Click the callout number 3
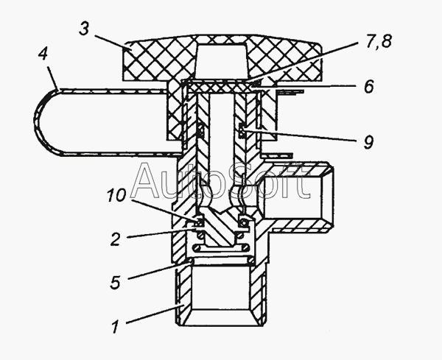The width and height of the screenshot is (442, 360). pyautogui.click(x=84, y=29)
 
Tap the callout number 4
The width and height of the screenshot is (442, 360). pyautogui.click(x=43, y=54)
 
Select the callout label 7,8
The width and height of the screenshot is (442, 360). pyautogui.click(x=379, y=40)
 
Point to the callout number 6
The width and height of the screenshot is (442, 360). pyautogui.click(x=369, y=86)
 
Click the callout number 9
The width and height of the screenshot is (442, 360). pyautogui.click(x=368, y=142)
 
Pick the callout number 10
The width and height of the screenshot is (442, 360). pyautogui.click(x=116, y=195)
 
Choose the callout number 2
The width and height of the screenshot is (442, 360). pyautogui.click(x=116, y=239)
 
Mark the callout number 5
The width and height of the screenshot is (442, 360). pyautogui.click(x=116, y=282)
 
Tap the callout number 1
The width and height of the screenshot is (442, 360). pyautogui.click(x=115, y=328)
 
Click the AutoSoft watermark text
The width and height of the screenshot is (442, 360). pyautogui.click(x=221, y=181)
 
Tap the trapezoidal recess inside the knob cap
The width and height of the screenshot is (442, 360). pyautogui.click(x=222, y=61)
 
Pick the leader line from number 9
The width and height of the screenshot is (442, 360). pyautogui.click(x=302, y=135)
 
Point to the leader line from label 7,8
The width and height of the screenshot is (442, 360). pyautogui.click(x=304, y=63)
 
